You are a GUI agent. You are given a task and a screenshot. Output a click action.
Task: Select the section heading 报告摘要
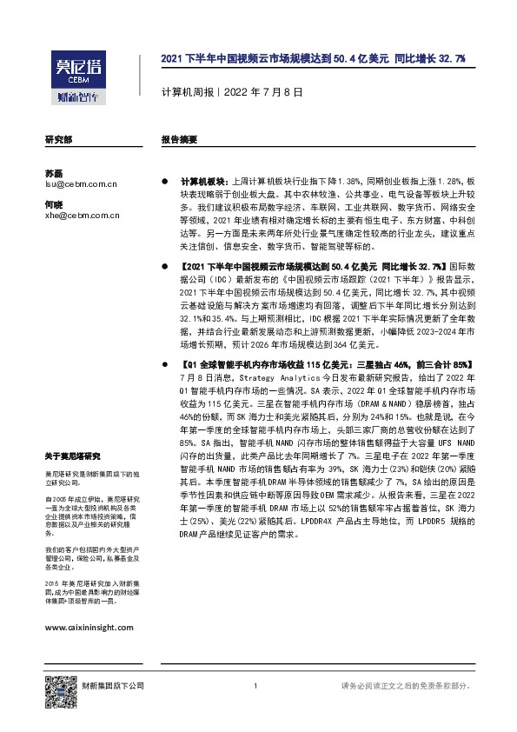point(179,139)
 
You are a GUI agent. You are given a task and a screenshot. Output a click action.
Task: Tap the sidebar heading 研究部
point(58,139)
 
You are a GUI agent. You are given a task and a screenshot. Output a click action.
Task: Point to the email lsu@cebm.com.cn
point(81,184)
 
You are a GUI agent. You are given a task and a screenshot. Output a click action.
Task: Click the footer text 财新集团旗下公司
point(112,686)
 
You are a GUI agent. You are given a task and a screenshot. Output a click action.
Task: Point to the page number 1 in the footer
point(255,686)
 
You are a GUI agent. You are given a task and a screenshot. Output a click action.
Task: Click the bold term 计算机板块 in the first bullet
point(203,175)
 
